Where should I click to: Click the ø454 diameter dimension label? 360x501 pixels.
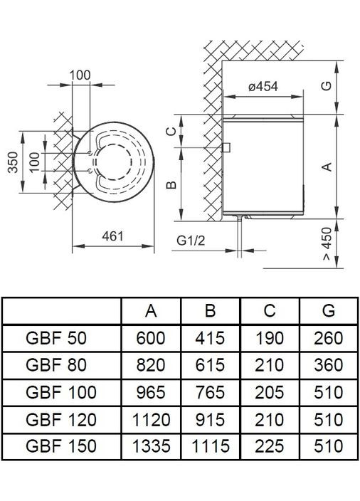pyautogui.click(x=263, y=86)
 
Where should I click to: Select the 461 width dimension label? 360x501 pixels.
pyautogui.click(x=112, y=236)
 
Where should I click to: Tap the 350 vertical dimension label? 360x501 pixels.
pyautogui.click(x=13, y=162)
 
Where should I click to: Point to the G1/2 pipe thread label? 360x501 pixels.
pyautogui.click(x=191, y=241)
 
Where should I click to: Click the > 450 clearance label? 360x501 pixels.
pyautogui.click(x=327, y=243)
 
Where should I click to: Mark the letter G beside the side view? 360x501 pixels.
pyautogui.click(x=326, y=86)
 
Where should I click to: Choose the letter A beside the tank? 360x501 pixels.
pyautogui.click(x=327, y=167)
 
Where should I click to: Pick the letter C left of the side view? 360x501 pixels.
pyautogui.click(x=171, y=131)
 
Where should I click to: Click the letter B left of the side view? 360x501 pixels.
pyautogui.click(x=171, y=185)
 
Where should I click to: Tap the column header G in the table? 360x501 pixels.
pyautogui.click(x=329, y=310)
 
